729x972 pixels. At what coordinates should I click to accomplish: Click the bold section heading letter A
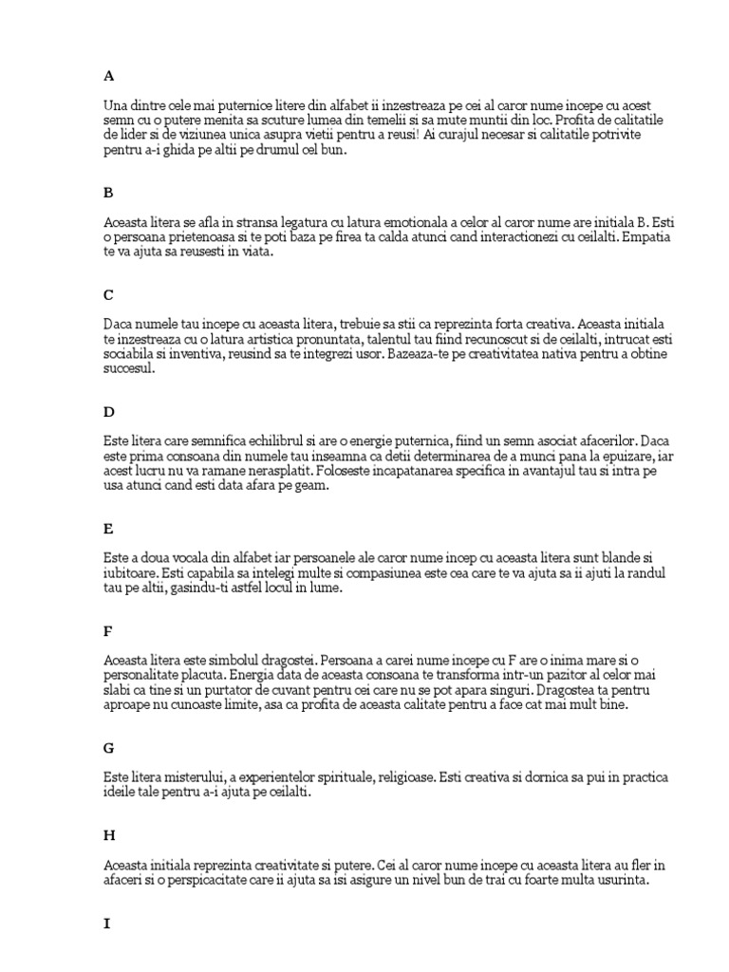coord(108,75)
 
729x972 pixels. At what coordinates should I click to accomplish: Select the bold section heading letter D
coord(109,412)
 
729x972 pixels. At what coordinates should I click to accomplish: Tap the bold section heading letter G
coord(109,749)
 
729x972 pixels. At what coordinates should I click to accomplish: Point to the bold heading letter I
coord(106,922)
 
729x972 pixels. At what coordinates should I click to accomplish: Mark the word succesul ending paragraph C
coord(127,369)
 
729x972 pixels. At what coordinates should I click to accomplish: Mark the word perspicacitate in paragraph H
coord(217,879)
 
